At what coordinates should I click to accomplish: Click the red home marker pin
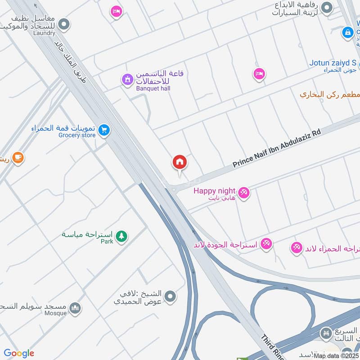[x=180, y=162]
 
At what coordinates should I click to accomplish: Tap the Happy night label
[x=214, y=190]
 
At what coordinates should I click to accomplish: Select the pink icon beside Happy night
[x=244, y=193]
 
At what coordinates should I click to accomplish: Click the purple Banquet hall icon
[x=128, y=80]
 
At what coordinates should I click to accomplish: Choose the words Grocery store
[x=76, y=135]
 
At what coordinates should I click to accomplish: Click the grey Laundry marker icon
[x=64, y=24]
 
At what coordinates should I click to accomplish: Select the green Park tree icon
[x=121, y=236]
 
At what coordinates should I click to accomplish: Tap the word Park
[x=107, y=242]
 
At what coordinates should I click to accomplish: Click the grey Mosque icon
[x=76, y=308]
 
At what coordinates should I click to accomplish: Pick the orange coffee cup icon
[x=18, y=158]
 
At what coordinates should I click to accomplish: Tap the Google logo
[x=19, y=353]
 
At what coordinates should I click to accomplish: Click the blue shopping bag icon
[x=347, y=32]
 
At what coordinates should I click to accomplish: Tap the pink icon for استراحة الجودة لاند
[x=266, y=243]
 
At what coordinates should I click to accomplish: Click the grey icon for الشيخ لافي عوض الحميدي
[x=170, y=296]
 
